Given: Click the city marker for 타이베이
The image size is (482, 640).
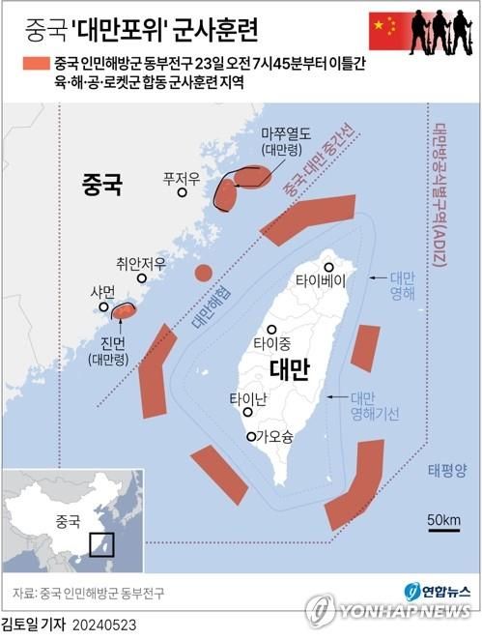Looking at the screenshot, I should pyautogui.click(x=329, y=266).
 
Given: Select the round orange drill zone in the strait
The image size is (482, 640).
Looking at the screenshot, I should pyautogui.click(x=203, y=273).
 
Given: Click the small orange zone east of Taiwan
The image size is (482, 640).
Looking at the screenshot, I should pyautogui.click(x=365, y=348).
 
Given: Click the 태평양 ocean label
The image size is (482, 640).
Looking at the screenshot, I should pyautogui.click(x=446, y=471).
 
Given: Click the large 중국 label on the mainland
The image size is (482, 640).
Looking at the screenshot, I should pyautogui.click(x=102, y=185).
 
